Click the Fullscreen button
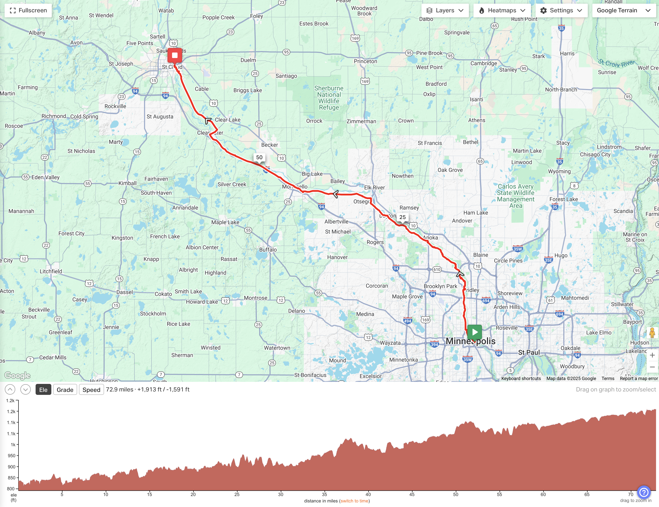pos(28,11)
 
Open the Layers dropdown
pos(445,11)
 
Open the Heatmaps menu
pos(502,11)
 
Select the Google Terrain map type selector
pos(623,11)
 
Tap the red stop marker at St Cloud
pos(175,55)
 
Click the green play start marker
pos(474,332)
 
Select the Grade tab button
pos(65,390)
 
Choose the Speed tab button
pos(91,390)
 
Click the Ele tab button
pos(43,390)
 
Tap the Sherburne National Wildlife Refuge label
pos(329,98)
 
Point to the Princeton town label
pos(365,61)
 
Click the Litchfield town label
pos(51,271)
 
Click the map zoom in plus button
pos(652,355)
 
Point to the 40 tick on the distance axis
pos(368,494)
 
